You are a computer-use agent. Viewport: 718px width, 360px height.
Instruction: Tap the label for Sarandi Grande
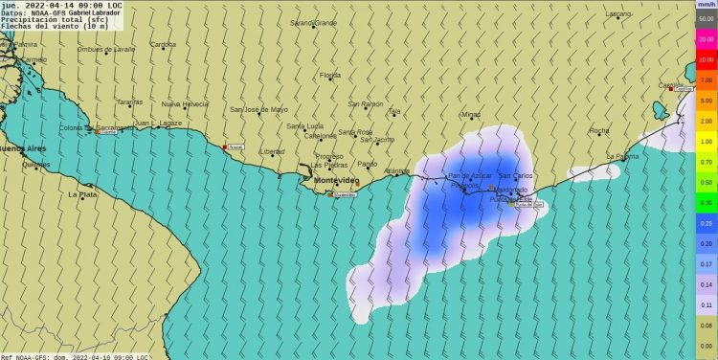[x=313, y=22]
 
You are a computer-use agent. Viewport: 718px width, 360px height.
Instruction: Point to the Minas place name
[x=471, y=115]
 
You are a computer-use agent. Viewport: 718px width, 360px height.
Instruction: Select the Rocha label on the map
[x=599, y=130]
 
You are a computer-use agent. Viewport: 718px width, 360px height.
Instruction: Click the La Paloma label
[x=622, y=156]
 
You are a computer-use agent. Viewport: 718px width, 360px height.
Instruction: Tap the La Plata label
[x=82, y=194]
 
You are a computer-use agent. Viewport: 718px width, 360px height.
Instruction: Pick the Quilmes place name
[x=35, y=165]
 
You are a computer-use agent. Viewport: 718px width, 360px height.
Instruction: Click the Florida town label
[x=329, y=75]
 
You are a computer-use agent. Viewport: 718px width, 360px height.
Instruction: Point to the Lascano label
[x=618, y=14]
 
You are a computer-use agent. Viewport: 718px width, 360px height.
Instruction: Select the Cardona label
[x=163, y=44]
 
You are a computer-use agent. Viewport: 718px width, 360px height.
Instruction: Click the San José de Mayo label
[x=258, y=109]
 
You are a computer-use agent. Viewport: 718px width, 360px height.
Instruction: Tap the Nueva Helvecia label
[x=185, y=103]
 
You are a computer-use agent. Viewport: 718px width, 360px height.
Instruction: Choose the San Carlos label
[x=516, y=175]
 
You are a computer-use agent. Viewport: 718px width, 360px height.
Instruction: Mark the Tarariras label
[x=129, y=101]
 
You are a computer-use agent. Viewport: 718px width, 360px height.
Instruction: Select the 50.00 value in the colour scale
[x=706, y=18]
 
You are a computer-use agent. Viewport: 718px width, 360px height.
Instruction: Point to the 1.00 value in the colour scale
[x=706, y=142]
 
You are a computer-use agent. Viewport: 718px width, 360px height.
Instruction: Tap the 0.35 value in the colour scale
[x=706, y=203]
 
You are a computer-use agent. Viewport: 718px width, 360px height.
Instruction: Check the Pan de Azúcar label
[x=470, y=175]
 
